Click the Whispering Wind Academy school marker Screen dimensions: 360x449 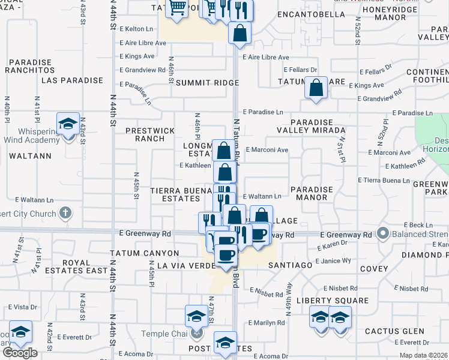pos(67,124)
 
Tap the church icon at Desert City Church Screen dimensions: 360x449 pos(66,212)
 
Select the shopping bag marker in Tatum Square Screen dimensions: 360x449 pos(316,88)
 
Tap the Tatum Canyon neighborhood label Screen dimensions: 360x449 pos(144,254)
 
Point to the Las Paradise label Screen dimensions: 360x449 pos(73,80)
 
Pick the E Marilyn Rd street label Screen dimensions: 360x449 pos(267,323)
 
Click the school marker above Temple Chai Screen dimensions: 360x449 pos(196,316)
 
